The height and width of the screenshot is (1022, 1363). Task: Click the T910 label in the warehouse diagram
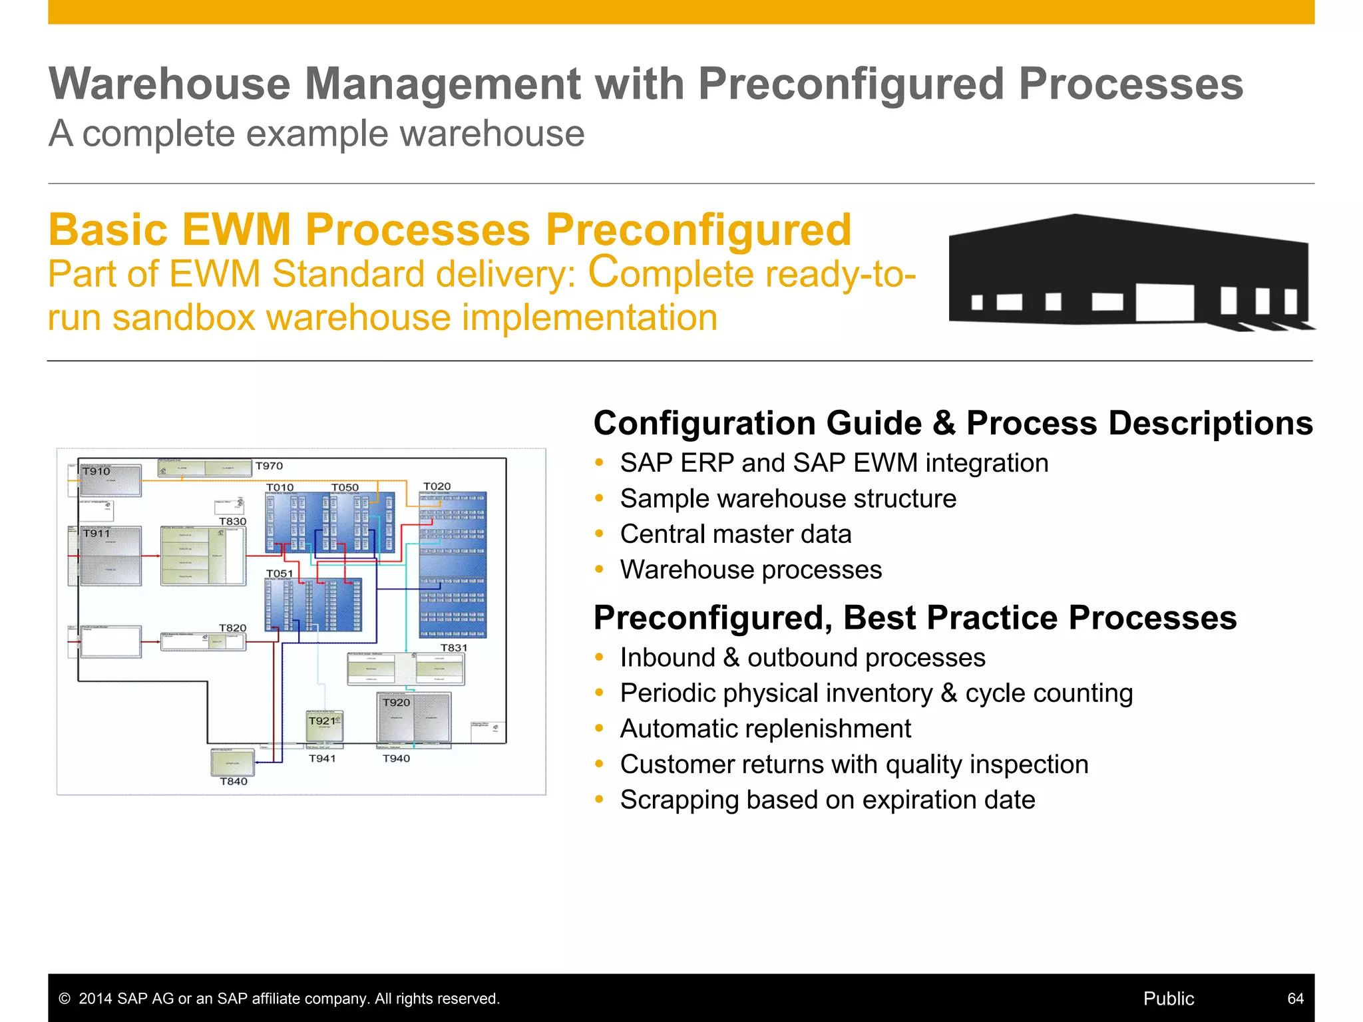(97, 471)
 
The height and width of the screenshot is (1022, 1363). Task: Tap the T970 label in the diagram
(269, 466)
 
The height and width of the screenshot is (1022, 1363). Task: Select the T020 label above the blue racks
(437, 486)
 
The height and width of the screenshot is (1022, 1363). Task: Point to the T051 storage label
(280, 573)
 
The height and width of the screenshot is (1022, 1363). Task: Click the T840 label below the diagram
(234, 781)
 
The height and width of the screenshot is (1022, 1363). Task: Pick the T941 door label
(322, 759)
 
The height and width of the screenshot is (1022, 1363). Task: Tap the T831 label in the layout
(454, 647)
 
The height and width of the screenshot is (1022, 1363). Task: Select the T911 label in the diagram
(97, 534)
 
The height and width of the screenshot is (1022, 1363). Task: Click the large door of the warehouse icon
(1164, 302)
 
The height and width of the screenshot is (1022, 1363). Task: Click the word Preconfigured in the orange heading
(698, 230)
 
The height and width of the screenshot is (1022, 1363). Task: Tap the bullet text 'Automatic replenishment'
(765, 729)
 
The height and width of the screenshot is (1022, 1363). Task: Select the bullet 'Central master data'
(735, 534)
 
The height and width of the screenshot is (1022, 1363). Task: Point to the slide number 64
(1295, 998)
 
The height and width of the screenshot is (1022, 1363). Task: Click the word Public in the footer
(1168, 998)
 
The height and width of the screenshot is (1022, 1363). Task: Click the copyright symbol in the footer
(65, 999)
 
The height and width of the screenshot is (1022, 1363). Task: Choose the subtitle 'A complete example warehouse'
(317, 133)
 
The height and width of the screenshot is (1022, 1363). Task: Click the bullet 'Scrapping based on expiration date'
(827, 800)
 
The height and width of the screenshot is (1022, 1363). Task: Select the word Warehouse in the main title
(170, 85)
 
